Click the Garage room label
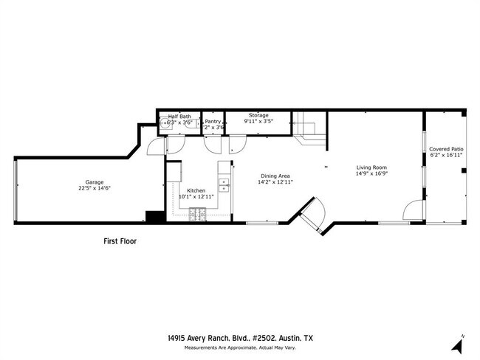(x=93, y=181)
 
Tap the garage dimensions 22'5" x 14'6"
(x=93, y=188)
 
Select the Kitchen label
(x=196, y=190)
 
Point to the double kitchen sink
(x=224, y=184)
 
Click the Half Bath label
(x=179, y=116)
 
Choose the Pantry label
(x=213, y=121)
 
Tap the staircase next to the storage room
(x=309, y=126)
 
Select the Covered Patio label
(x=446, y=148)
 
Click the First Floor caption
(x=120, y=240)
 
